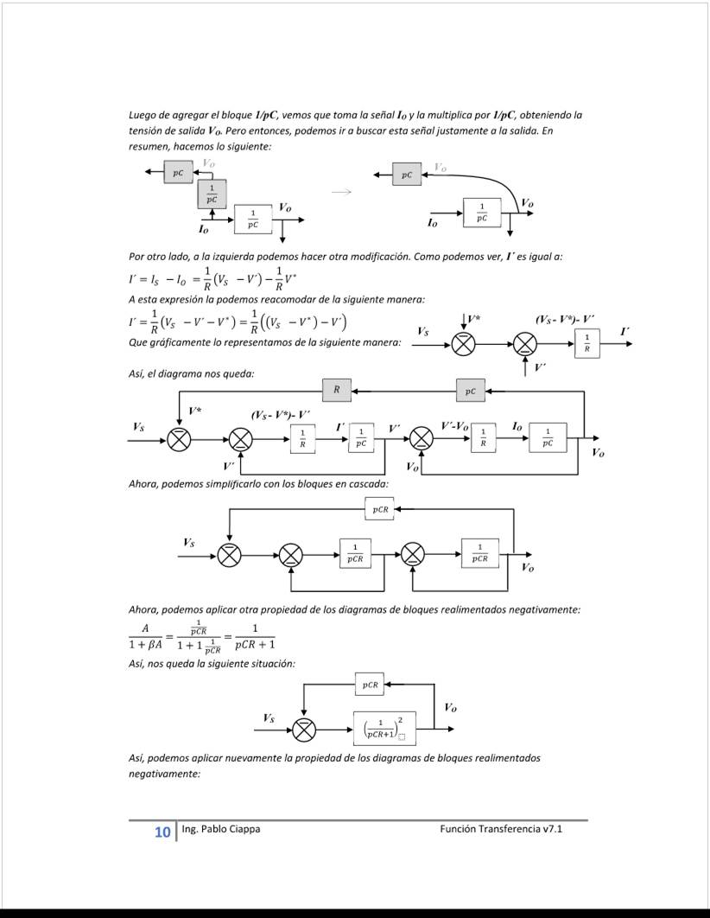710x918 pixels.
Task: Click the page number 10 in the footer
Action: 162,832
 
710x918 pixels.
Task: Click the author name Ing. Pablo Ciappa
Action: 221,829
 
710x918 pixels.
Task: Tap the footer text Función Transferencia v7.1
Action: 501,829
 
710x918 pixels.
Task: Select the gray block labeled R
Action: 337,391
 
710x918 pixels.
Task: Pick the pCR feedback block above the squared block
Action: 370,685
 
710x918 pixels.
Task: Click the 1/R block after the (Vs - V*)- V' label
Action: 302,438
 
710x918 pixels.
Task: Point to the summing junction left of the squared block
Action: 304,730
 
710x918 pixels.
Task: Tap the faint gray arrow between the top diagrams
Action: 343,192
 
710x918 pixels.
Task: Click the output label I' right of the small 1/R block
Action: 624,332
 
